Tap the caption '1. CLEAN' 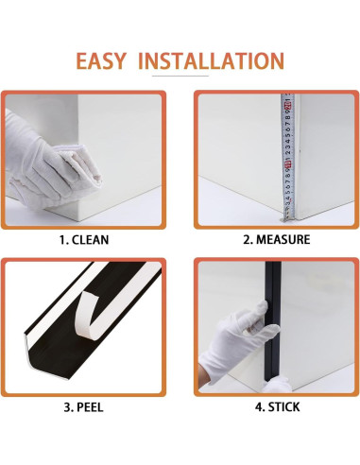tap(84, 239)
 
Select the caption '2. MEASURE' tap(276, 239)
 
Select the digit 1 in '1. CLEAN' tap(62, 239)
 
